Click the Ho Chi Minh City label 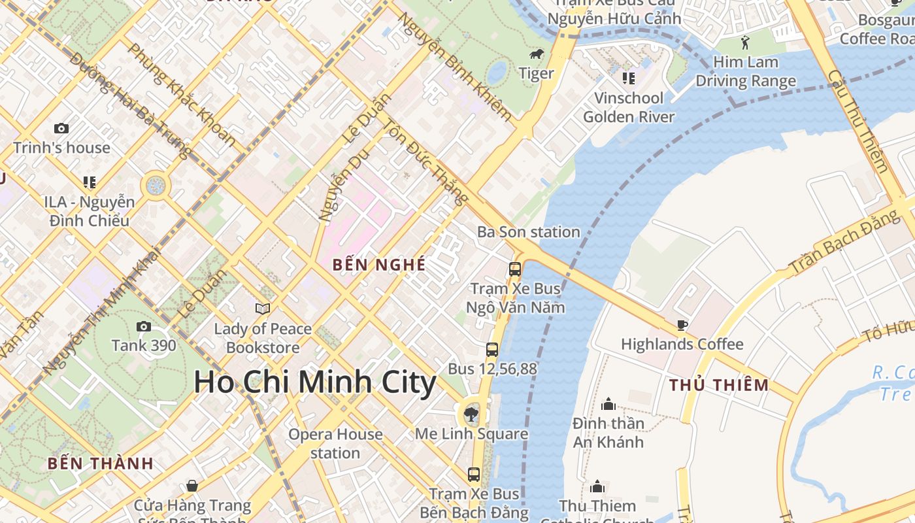pos(315,382)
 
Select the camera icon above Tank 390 pos(144,326)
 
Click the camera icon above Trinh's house pos(61,128)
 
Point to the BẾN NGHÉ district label pos(379,265)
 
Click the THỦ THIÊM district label pos(719,385)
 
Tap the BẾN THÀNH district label pos(100,464)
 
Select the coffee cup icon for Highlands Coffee pos(682,325)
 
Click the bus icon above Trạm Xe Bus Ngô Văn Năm pos(515,269)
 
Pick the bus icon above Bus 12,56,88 pos(492,350)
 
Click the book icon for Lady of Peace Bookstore pos(263,309)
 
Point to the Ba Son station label pos(528,232)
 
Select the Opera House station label pos(335,443)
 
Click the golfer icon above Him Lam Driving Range pos(745,43)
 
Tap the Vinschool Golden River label pos(628,107)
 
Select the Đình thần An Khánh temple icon pos(608,404)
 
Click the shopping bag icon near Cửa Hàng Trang pos(192,486)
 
